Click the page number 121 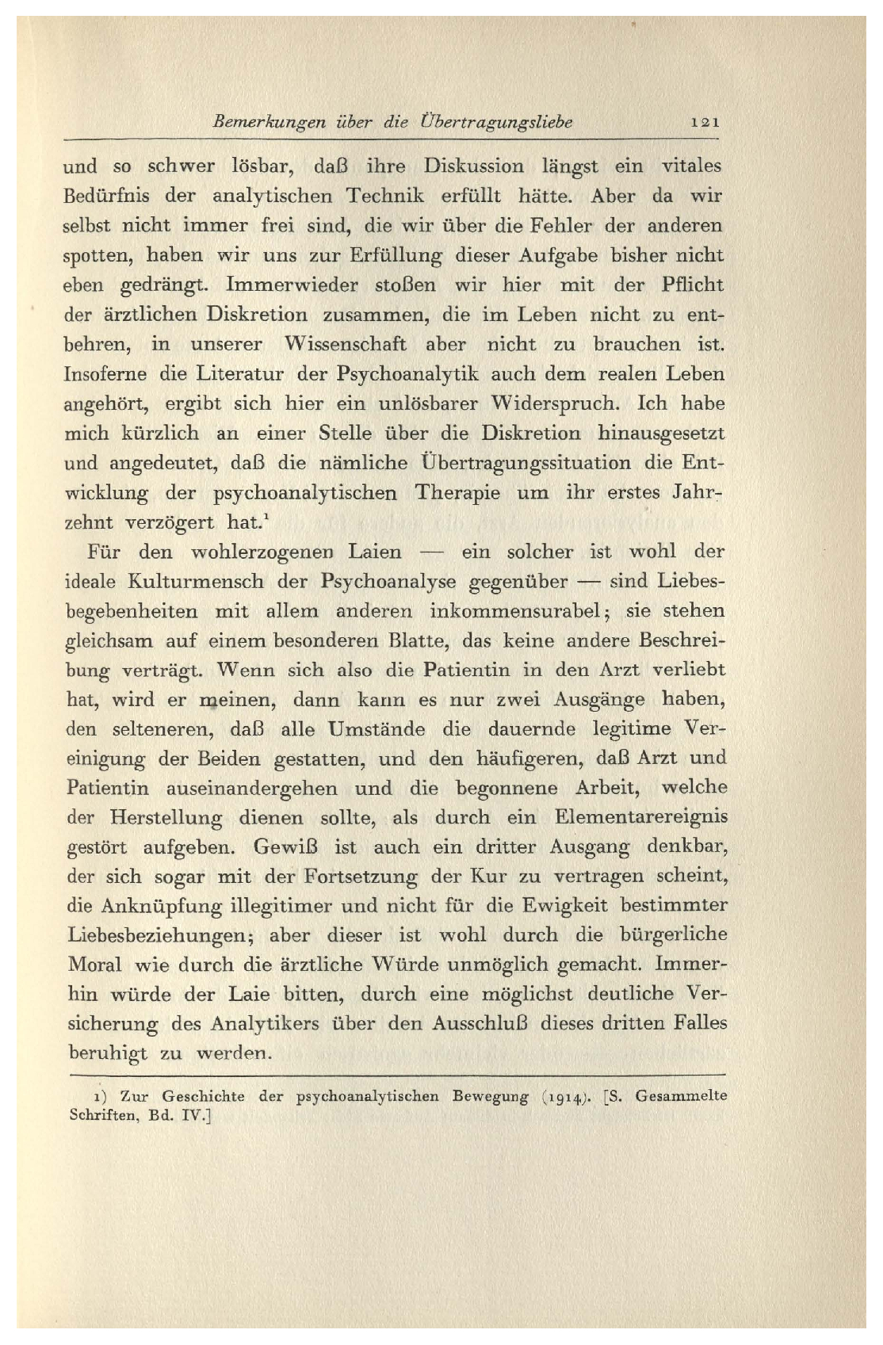tap(705, 123)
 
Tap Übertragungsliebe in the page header tap(497, 123)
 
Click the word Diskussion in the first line tap(474, 167)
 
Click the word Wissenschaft tap(345, 345)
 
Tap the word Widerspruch tap(552, 403)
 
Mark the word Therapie tap(457, 493)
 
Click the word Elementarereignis tap(641, 818)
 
